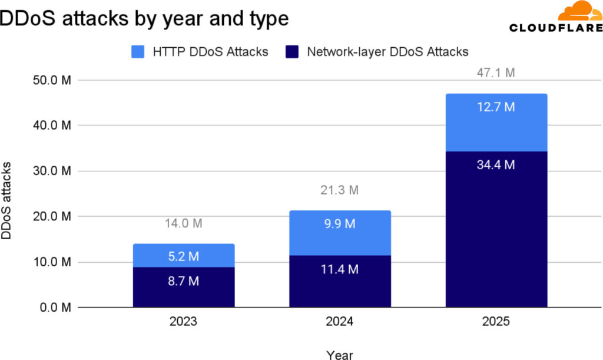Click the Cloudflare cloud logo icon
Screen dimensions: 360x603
coord(579,12)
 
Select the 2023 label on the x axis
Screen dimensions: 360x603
coord(184,323)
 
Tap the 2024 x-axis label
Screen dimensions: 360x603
coord(340,323)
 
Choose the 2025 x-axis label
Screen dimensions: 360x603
coord(496,323)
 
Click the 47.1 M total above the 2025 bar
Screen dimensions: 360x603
coord(496,74)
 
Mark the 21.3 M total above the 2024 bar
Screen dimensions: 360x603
coord(340,190)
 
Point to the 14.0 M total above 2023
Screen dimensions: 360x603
coord(184,224)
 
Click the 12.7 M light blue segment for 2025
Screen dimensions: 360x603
coord(496,123)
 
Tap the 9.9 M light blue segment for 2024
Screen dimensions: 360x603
coord(340,233)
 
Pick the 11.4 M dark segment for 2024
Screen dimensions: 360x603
coord(340,281)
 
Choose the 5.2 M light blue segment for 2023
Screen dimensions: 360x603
coord(184,256)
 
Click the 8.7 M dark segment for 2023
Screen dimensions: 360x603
coord(184,287)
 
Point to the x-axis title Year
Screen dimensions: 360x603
coord(340,355)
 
